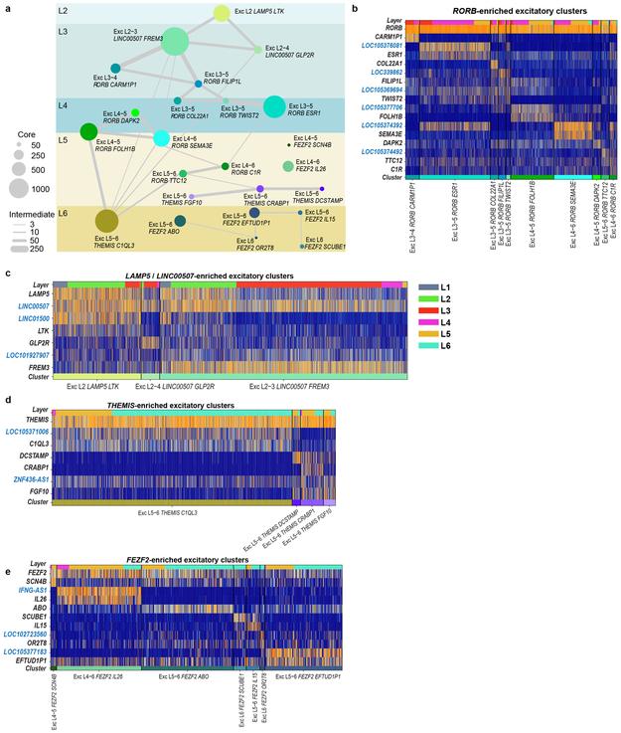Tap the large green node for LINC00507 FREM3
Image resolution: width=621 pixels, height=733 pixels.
[x=175, y=41]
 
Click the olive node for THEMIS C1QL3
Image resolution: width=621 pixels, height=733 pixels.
[x=106, y=221]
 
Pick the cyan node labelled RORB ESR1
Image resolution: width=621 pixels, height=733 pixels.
[x=274, y=105]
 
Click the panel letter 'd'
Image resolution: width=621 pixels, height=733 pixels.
[x=8, y=403]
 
